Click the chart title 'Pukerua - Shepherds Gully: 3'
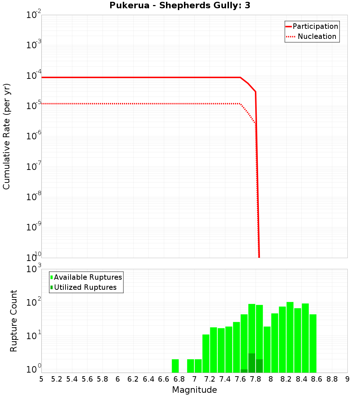[x=180, y=6]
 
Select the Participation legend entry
[x=312, y=26]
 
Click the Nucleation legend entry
[x=312, y=36]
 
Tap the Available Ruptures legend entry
[x=86, y=277]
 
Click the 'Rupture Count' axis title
[x=14, y=320]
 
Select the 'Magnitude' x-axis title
[x=194, y=390]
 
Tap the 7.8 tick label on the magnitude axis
[x=256, y=379]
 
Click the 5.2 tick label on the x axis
[x=57, y=379]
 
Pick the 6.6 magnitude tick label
[x=164, y=379]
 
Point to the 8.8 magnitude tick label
[x=332, y=379]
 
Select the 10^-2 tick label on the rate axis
[x=34, y=15]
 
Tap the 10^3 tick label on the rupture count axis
[x=34, y=269]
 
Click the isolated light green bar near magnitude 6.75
[x=175, y=366]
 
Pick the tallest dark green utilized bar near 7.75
[x=252, y=363]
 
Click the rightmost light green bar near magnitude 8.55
[x=313, y=343]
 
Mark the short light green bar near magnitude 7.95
[x=267, y=349]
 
